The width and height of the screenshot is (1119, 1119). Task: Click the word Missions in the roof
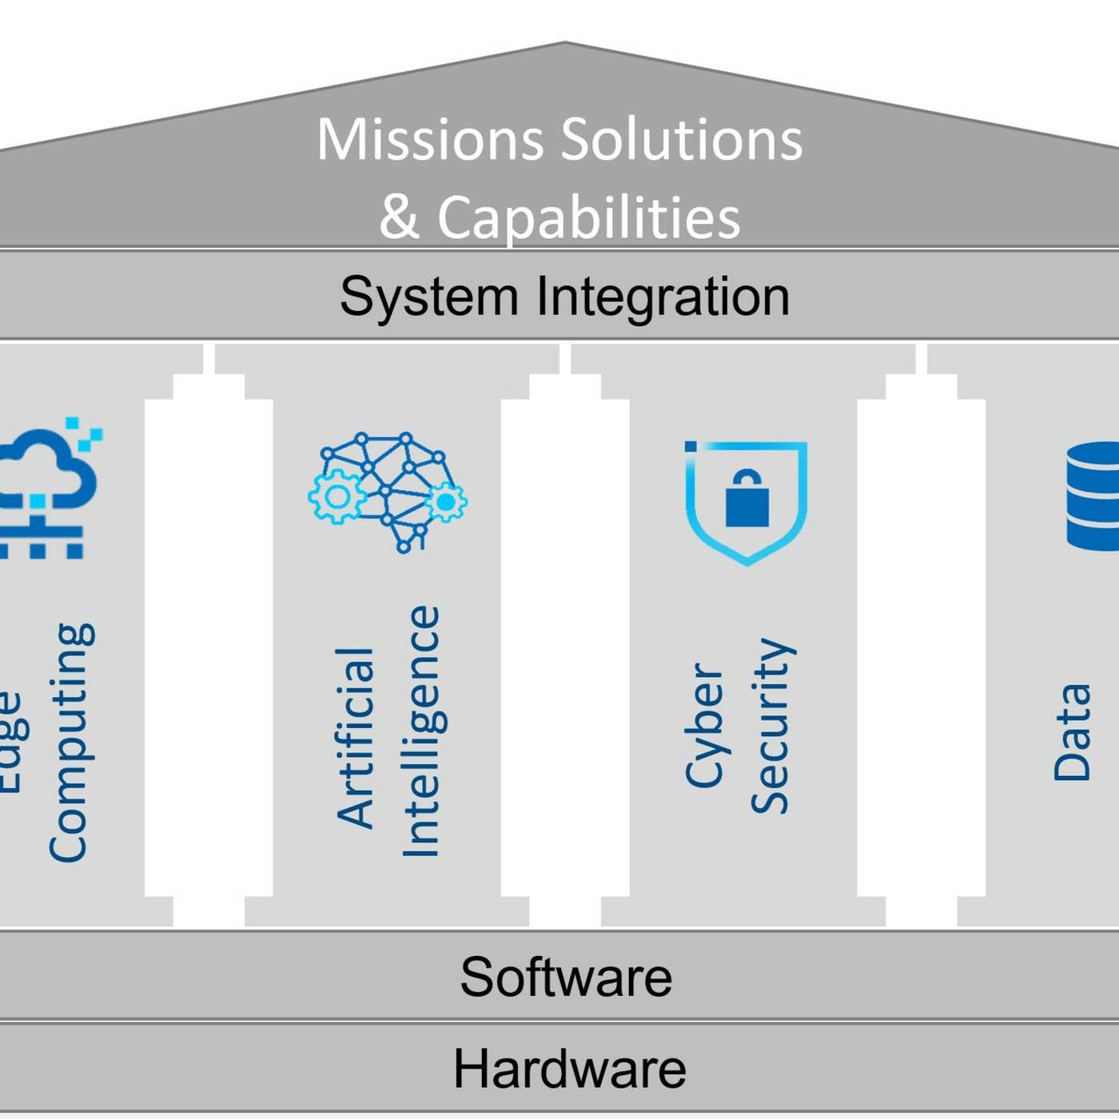430,140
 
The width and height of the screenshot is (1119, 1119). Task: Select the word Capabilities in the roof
589,217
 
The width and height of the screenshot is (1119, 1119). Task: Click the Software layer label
566,977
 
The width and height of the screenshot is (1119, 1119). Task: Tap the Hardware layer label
569,1069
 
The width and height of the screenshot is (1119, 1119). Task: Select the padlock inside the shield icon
747,500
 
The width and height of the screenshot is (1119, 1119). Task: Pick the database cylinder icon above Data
1093,496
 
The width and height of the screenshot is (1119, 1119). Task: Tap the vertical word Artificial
356,737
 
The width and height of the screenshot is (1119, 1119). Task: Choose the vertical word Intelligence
420,731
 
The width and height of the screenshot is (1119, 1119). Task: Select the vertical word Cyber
704,724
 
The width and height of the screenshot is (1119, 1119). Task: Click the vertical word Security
771,726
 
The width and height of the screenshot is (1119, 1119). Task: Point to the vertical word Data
1072,731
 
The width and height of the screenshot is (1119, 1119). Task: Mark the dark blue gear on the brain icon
445,502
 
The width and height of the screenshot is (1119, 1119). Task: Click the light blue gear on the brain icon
336,496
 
